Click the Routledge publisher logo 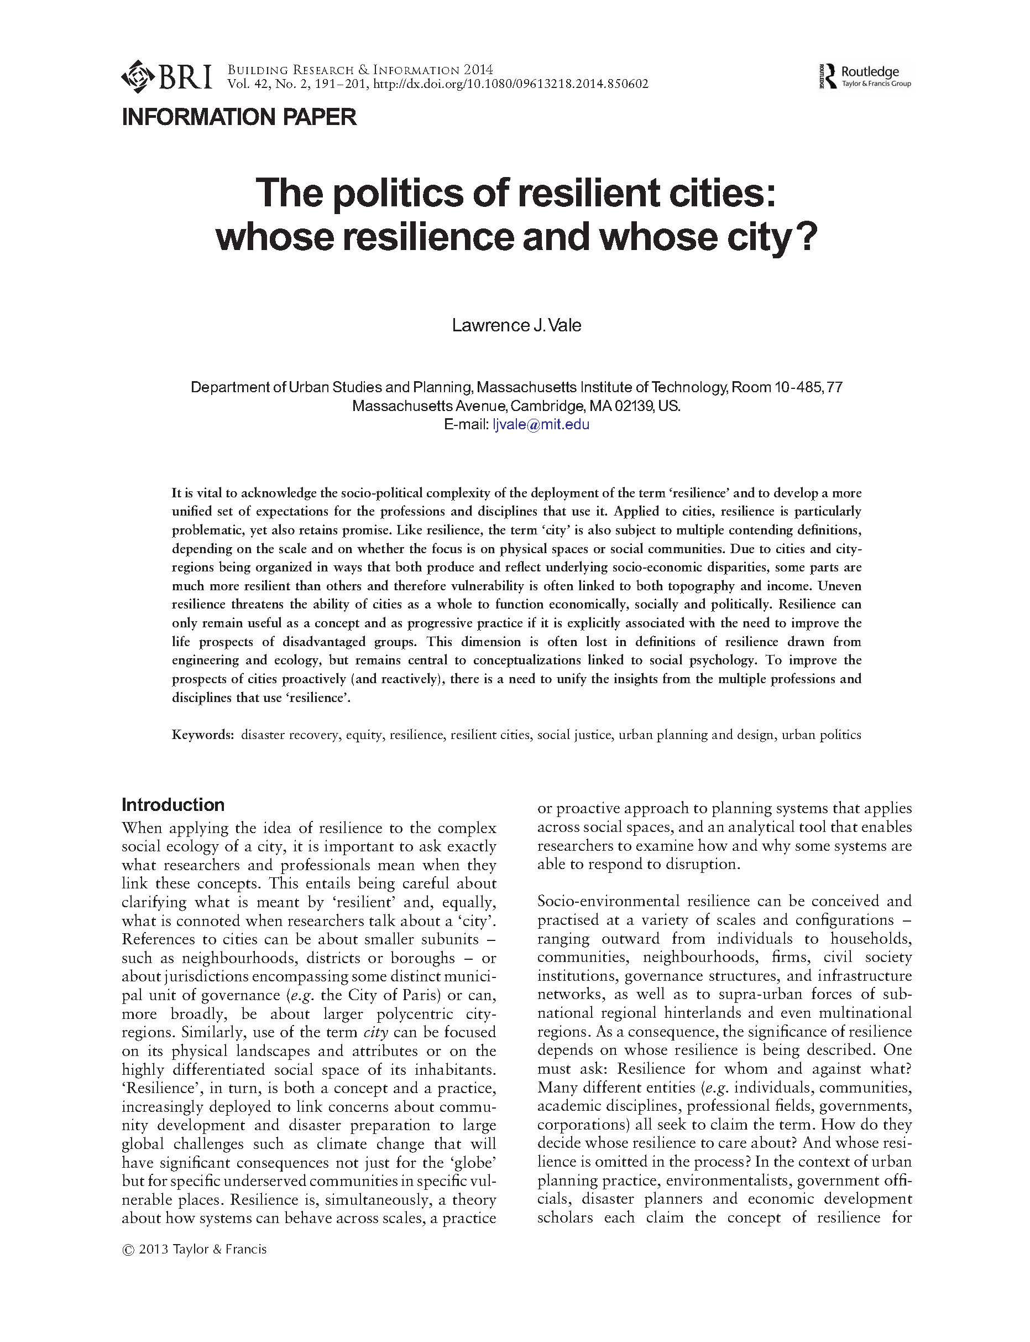[865, 76]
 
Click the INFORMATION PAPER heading [239, 117]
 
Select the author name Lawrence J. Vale [516, 325]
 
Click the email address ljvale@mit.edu [540, 424]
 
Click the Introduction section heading [173, 804]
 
